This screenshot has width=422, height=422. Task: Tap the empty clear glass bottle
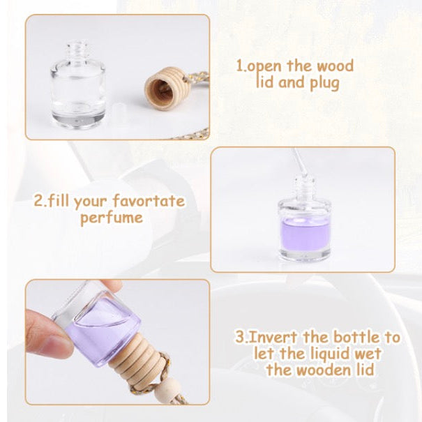pos(78,85)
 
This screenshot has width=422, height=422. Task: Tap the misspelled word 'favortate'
pos(149,201)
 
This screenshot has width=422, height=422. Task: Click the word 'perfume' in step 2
pos(111,218)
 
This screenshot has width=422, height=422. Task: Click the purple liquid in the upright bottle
pos(306,234)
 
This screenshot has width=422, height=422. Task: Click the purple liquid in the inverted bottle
pos(105,333)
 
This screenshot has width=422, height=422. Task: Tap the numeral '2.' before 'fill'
pos(40,201)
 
